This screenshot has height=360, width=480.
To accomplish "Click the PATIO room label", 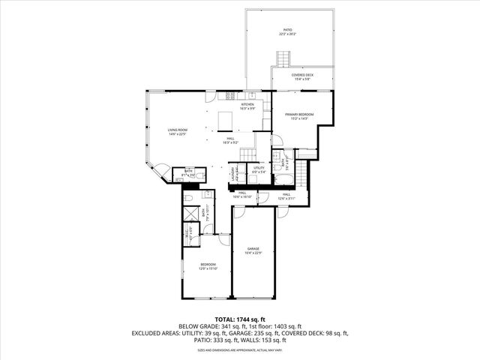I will (288, 29).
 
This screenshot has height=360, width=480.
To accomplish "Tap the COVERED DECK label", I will (303, 75).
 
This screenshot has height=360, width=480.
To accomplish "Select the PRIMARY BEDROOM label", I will (299, 113).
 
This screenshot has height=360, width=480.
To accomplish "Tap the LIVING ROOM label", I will (178, 130).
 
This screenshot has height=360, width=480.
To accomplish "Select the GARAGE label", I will (253, 248).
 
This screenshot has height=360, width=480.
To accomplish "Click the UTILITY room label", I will (259, 168).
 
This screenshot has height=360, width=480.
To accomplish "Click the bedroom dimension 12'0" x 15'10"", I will (208, 268).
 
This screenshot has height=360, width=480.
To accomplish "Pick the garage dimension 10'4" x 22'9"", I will (253, 253).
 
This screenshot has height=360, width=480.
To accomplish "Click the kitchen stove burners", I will (230, 95).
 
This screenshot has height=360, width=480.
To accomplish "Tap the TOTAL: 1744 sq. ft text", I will (240, 319).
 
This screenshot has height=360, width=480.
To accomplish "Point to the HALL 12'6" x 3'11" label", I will (286, 196).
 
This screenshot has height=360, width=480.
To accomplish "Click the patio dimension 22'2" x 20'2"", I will (288, 34).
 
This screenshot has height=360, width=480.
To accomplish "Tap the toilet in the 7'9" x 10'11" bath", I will (190, 197).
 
